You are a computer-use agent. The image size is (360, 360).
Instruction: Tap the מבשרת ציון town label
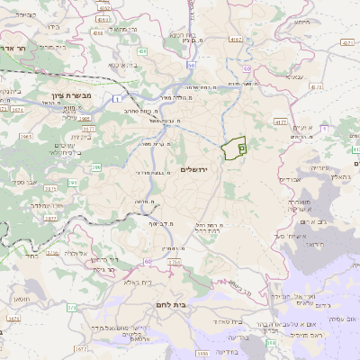coord(65,94)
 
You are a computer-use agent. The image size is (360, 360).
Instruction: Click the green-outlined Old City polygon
coord(236,147)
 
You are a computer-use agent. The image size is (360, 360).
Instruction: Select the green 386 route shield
coord(95,168)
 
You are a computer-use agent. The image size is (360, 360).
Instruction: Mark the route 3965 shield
coord(26,136)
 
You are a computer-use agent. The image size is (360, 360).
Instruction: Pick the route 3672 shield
coord(81,347)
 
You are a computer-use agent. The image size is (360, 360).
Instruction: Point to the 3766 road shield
coord(174,263)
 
